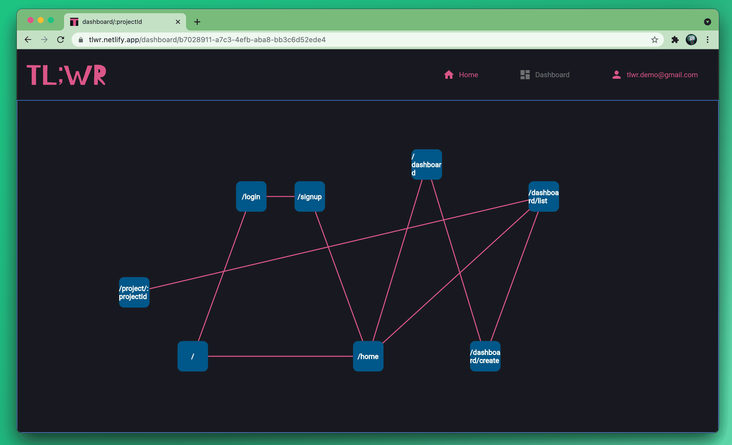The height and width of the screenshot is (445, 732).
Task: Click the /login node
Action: coord(251,197)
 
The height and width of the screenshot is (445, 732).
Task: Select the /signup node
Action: coord(310,197)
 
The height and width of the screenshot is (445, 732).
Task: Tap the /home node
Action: coord(368,356)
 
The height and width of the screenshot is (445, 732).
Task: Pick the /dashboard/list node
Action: coord(544,197)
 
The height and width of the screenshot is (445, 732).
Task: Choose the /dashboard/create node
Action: coord(485,356)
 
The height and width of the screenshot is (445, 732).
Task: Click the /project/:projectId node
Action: coord(134,292)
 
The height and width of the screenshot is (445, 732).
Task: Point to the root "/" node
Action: coord(192,356)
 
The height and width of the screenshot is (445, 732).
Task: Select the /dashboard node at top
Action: coord(426,165)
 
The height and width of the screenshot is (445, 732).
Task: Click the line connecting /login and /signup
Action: coord(280,197)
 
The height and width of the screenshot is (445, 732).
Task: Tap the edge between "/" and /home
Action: coord(280,356)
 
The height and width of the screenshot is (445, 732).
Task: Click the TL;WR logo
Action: coord(67,75)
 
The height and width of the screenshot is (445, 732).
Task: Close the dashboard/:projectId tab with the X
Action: coord(178,22)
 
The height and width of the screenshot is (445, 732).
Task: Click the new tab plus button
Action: coord(197,22)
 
